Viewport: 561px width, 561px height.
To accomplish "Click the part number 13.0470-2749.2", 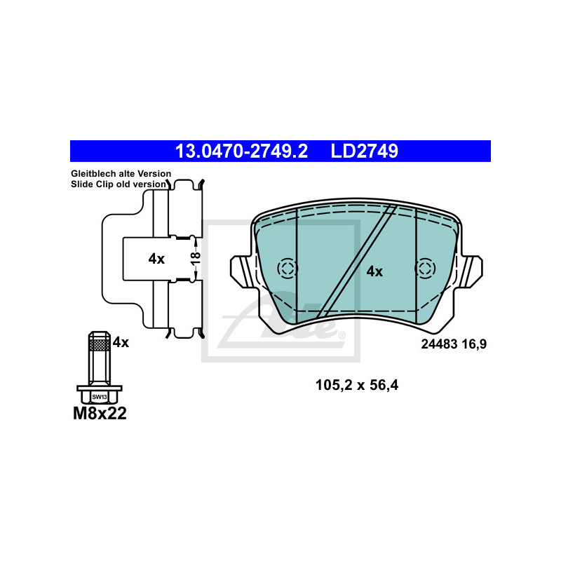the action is click(x=241, y=151).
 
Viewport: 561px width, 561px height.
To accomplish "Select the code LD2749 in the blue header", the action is click(x=364, y=151).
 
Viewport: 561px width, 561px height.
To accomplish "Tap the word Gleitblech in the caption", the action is click(x=93, y=173).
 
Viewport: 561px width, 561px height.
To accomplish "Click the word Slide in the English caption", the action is click(x=81, y=184).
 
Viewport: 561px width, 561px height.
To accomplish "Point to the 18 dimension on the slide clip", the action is click(x=196, y=258).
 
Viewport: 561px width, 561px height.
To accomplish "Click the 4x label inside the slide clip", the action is click(x=156, y=259).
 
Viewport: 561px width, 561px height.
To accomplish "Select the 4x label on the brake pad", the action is click(x=374, y=271).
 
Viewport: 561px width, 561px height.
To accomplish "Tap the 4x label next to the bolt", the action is click(x=121, y=342).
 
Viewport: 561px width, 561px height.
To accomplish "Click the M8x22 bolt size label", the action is click(x=100, y=414).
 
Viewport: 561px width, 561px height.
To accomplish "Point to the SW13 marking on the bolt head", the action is click(x=100, y=397).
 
